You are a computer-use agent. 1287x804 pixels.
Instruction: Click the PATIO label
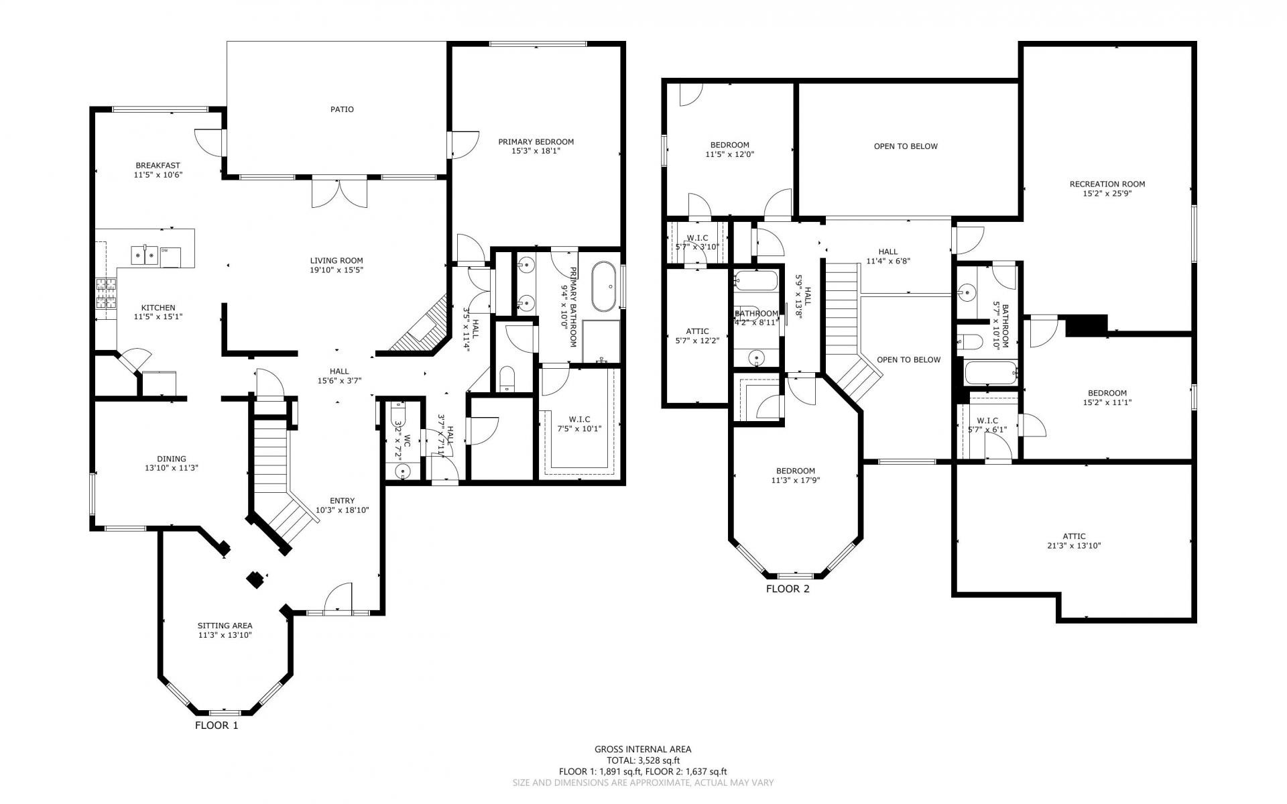[342, 109]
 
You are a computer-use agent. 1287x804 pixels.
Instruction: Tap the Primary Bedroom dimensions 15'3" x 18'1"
[536, 152]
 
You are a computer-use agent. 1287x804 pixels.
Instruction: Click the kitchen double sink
[145, 254]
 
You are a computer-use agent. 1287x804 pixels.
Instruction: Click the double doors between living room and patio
[339, 193]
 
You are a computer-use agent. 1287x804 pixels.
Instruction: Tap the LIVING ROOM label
[336, 261]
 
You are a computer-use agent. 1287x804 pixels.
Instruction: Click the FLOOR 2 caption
[788, 589]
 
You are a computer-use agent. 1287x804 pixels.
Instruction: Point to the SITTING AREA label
[225, 626]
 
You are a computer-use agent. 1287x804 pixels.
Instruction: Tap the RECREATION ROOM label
[1107, 184]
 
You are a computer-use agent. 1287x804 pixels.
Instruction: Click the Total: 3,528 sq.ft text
[643, 760]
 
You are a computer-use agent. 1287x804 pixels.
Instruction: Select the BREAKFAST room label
[158, 166]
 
